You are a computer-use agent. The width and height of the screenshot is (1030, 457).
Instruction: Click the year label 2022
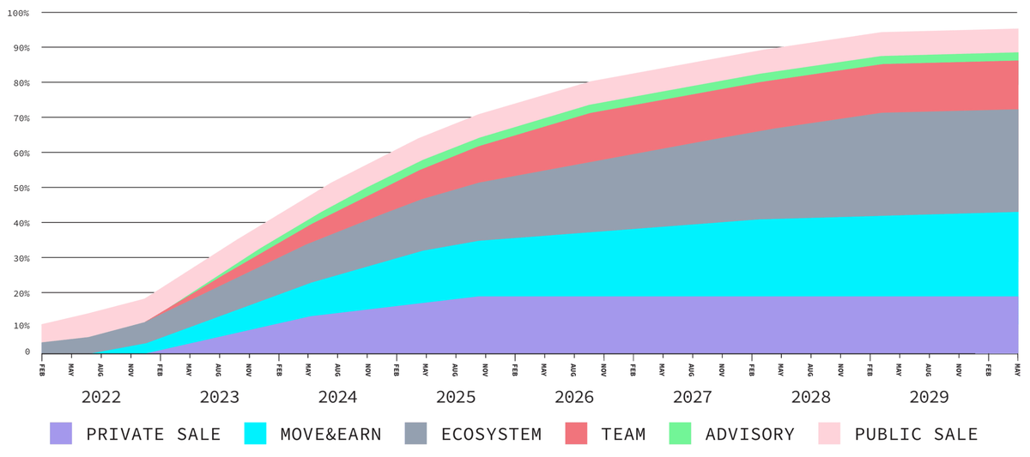[101, 398]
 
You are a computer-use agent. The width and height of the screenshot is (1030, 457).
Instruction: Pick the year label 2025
[456, 398]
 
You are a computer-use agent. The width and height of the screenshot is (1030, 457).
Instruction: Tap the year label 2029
[929, 398]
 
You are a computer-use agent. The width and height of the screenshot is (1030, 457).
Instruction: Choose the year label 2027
[692, 398]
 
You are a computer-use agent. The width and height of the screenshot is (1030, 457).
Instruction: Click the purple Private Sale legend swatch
[61, 433]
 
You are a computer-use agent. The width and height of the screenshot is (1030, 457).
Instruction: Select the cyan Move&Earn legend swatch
[256, 433]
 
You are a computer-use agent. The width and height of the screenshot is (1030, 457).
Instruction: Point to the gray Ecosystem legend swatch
[416, 433]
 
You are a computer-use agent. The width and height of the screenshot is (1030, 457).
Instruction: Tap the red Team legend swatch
[576, 433]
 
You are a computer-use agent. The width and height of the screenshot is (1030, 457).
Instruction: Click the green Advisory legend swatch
[681, 433]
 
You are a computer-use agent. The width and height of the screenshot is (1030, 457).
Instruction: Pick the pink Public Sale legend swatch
[830, 433]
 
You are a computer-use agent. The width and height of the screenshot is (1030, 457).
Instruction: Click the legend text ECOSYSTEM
[491, 434]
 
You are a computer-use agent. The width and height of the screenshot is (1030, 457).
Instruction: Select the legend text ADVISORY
[750, 434]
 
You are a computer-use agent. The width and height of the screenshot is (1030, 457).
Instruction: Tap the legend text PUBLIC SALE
[917, 434]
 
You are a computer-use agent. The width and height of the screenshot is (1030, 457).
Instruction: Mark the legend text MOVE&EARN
[330, 434]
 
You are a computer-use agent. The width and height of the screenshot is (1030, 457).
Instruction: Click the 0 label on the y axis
[27, 352]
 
